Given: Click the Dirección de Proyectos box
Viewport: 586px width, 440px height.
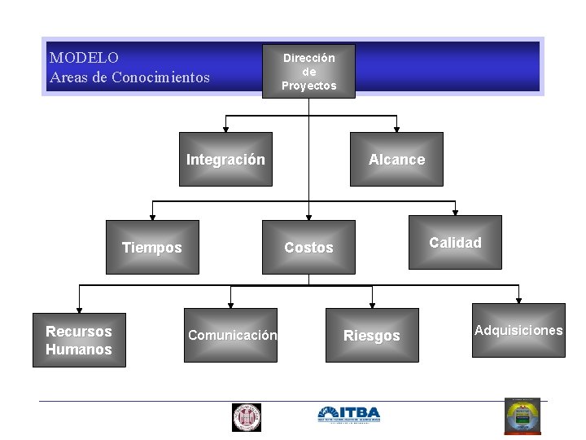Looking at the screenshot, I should pyautogui.click(x=308, y=71).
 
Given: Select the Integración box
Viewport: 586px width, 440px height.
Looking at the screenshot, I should pyautogui.click(x=225, y=160).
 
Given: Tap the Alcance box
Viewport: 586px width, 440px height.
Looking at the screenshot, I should pyautogui.click(x=396, y=160).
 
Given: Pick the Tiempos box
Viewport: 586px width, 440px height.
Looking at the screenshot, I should pyautogui.click(x=152, y=248).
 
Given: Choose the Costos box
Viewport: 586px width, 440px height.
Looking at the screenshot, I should pyautogui.click(x=308, y=248).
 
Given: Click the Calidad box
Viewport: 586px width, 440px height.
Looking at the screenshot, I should pyautogui.click(x=455, y=242).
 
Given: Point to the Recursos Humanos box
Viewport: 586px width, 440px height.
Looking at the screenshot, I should pyautogui.click(x=79, y=341).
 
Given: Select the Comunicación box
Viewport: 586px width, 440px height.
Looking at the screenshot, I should pyautogui.click(x=231, y=335).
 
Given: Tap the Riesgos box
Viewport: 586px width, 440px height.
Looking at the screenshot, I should pyautogui.click(x=372, y=335).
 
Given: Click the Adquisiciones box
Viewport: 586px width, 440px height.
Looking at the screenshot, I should pyautogui.click(x=518, y=330).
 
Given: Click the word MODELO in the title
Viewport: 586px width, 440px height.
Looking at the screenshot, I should pyautogui.click(x=84, y=58).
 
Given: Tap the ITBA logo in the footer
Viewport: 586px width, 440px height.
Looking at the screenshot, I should pyautogui.click(x=348, y=415).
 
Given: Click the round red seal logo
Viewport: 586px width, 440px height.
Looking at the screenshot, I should pyautogui.click(x=246, y=416).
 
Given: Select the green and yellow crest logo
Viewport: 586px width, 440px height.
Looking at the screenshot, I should pyautogui.click(x=522, y=416).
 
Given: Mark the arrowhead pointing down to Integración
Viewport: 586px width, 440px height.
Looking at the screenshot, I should pyautogui.click(x=225, y=128).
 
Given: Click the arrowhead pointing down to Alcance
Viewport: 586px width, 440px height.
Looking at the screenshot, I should pyautogui.click(x=396, y=128).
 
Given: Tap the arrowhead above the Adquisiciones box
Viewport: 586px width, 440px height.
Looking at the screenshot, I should pyautogui.click(x=518, y=298).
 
